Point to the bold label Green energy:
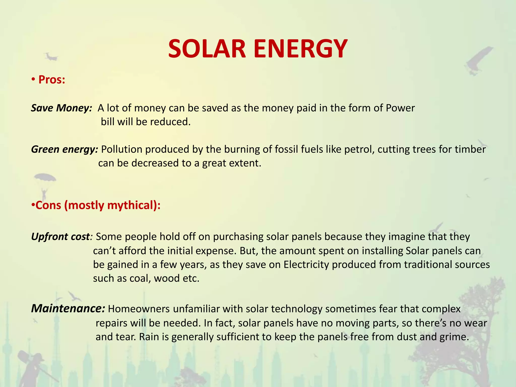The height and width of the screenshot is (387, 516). tap(64, 149)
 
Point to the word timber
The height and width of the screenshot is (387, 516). tap(470, 149)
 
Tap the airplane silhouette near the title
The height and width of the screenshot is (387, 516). tap(51, 57)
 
